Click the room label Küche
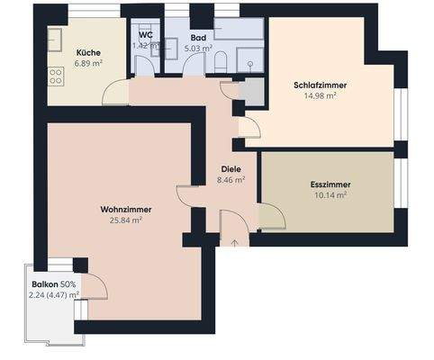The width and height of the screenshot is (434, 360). [88, 53]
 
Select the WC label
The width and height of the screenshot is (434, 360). [144, 35]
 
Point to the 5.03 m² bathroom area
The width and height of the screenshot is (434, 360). [198, 49]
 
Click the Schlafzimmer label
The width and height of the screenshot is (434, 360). [320, 85]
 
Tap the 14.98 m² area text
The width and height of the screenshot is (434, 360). [320, 95]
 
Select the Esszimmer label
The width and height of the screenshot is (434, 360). [325, 184]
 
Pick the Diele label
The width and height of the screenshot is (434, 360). [232, 168]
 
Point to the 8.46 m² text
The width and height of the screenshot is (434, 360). [232, 179]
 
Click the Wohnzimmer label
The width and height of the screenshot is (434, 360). [125, 209]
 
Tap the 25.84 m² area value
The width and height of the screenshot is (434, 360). [125, 220]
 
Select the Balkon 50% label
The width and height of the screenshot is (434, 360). [54, 283]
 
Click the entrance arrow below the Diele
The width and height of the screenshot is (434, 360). [233, 241]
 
